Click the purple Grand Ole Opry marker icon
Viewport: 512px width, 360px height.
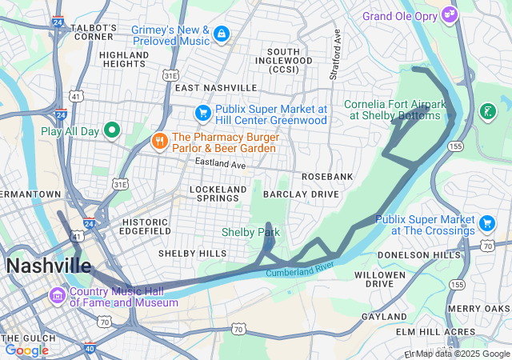pos(450,14)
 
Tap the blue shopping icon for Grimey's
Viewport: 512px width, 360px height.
pos(220,34)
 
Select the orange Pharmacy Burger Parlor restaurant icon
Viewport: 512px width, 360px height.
pos(159,142)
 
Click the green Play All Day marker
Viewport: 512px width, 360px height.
pos(113,130)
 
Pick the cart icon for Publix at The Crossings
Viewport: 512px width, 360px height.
pos(486,222)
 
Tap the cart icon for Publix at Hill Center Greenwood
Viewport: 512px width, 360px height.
pos(203,113)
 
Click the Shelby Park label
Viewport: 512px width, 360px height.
pos(250,232)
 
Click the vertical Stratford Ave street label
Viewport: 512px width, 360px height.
pos(337,56)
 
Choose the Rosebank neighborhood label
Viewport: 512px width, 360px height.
pos(327,176)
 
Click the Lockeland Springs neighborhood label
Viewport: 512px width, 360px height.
pos(218,194)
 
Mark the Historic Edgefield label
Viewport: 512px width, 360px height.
pos(146,226)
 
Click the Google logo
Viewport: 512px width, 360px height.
pos(26,350)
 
